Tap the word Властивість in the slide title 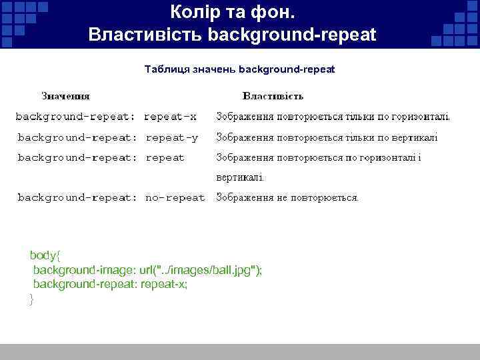[x=145, y=35]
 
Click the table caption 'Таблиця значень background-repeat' [x=239, y=69]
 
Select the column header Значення [x=66, y=96]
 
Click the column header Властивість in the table [x=273, y=96]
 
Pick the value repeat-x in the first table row [x=170, y=117]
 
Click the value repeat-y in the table [x=171, y=137]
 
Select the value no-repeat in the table [x=175, y=197]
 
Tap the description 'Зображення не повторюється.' [x=287, y=197]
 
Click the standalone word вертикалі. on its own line [x=239, y=178]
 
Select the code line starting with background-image [x=147, y=270]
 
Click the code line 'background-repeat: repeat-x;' [x=110, y=285]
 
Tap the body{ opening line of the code [x=45, y=255]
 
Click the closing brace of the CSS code [x=31, y=299]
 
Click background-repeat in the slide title [x=292, y=35]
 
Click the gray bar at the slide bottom [x=240, y=352]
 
